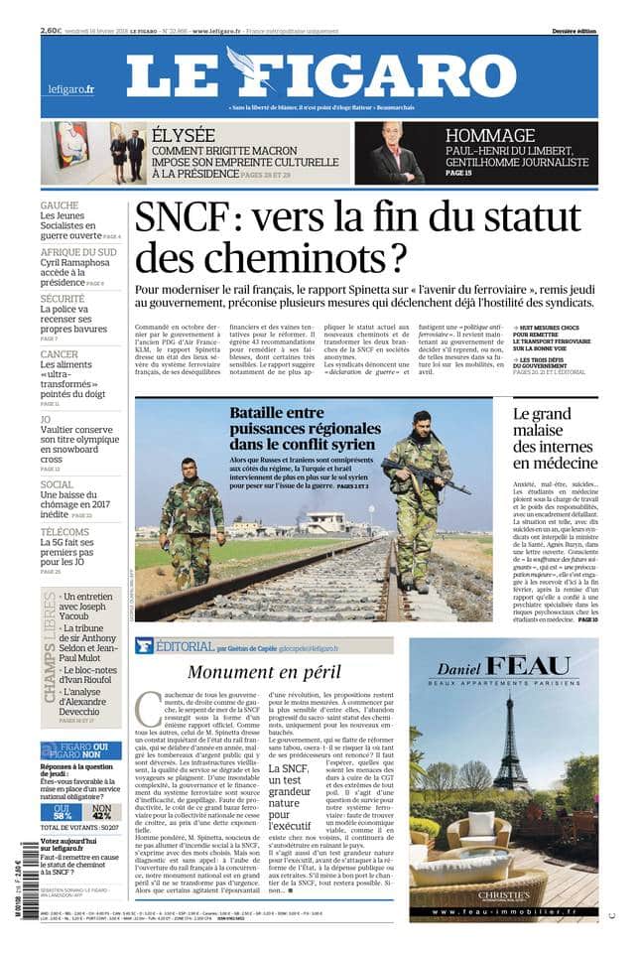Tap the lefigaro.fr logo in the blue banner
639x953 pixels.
(x=70, y=90)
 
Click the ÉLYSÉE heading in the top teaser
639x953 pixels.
(x=184, y=135)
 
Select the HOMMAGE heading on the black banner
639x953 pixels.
(x=490, y=136)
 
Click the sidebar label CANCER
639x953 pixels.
(x=60, y=354)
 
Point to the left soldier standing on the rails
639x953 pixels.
(x=190, y=516)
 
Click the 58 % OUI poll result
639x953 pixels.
(x=63, y=811)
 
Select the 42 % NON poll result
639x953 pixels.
(x=100, y=811)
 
